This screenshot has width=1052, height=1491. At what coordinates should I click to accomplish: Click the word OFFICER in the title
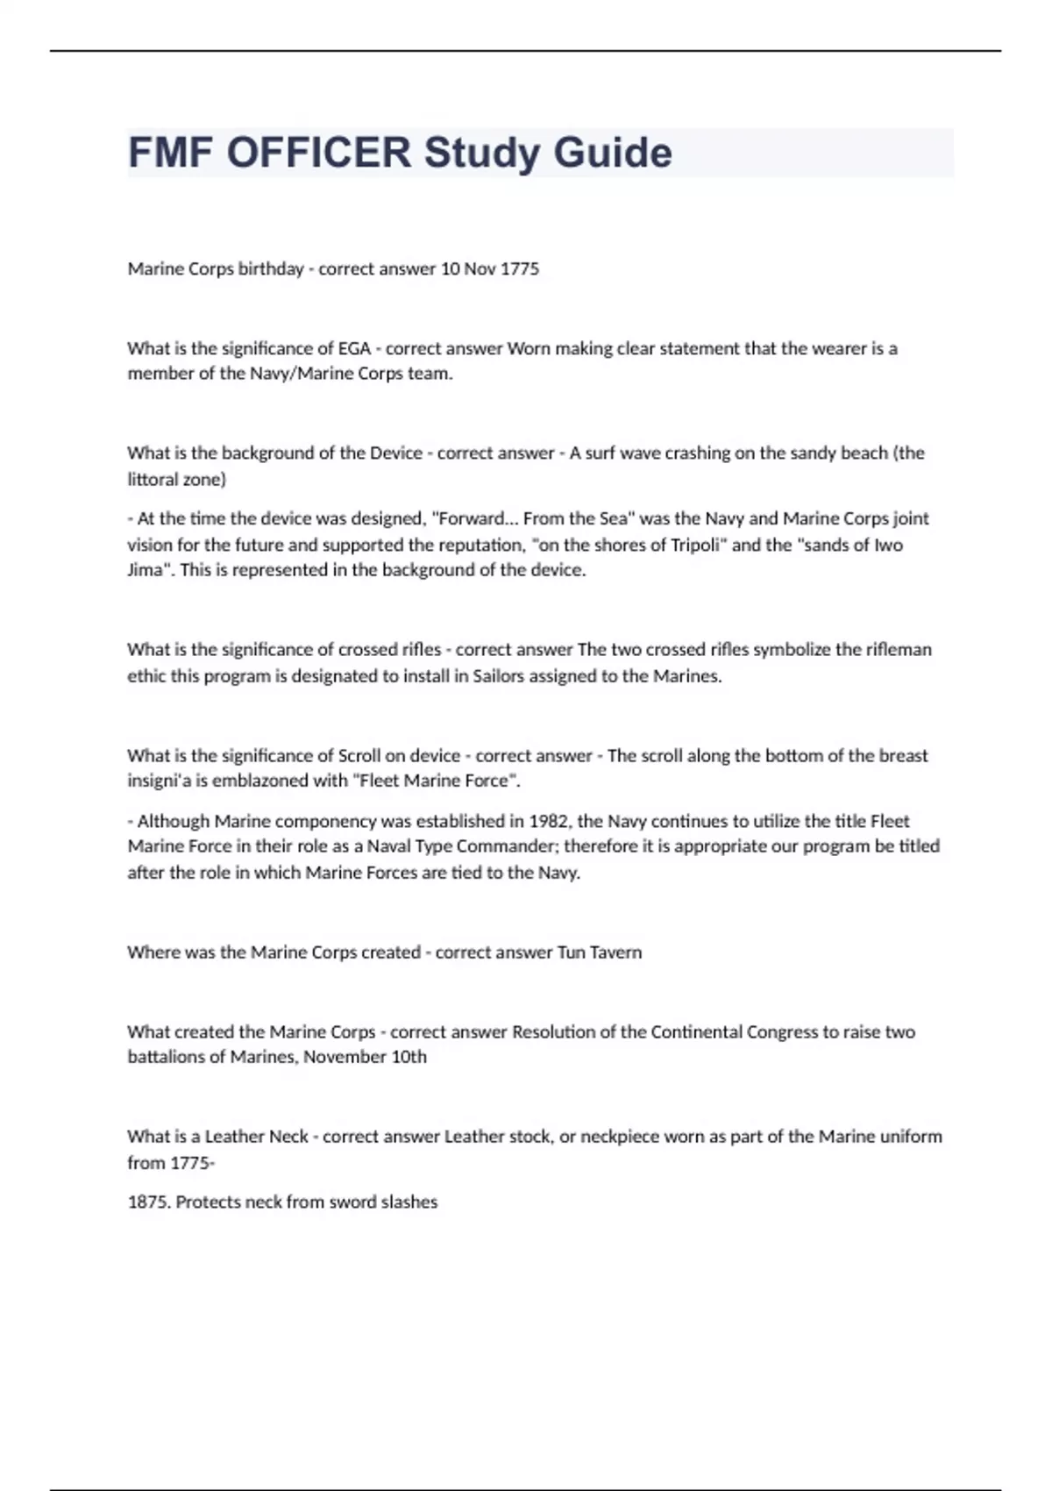(319, 153)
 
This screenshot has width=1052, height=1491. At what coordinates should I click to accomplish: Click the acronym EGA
(354, 348)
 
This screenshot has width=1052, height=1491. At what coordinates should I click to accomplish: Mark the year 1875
(147, 1202)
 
